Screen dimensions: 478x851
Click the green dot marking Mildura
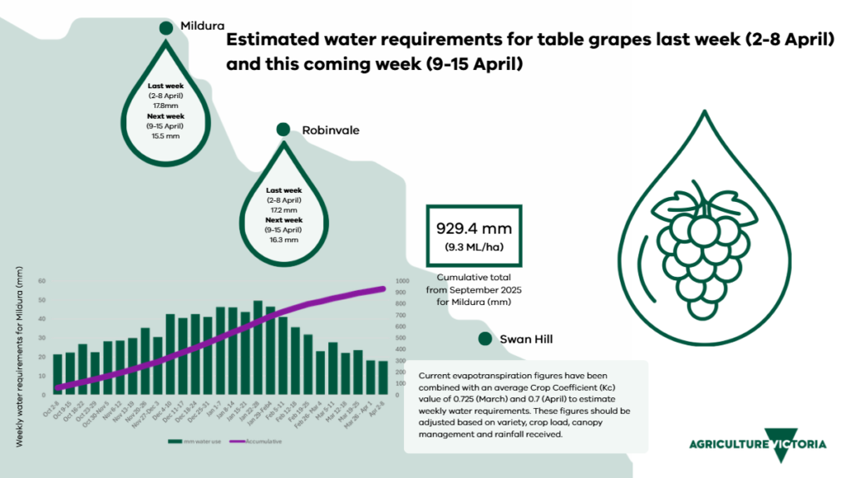[x=166, y=28]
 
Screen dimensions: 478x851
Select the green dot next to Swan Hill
[x=485, y=339]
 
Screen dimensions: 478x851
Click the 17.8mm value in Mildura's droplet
[x=165, y=106]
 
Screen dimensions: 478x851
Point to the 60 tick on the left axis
[x=42, y=281]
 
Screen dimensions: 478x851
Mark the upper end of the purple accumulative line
[x=384, y=288]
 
